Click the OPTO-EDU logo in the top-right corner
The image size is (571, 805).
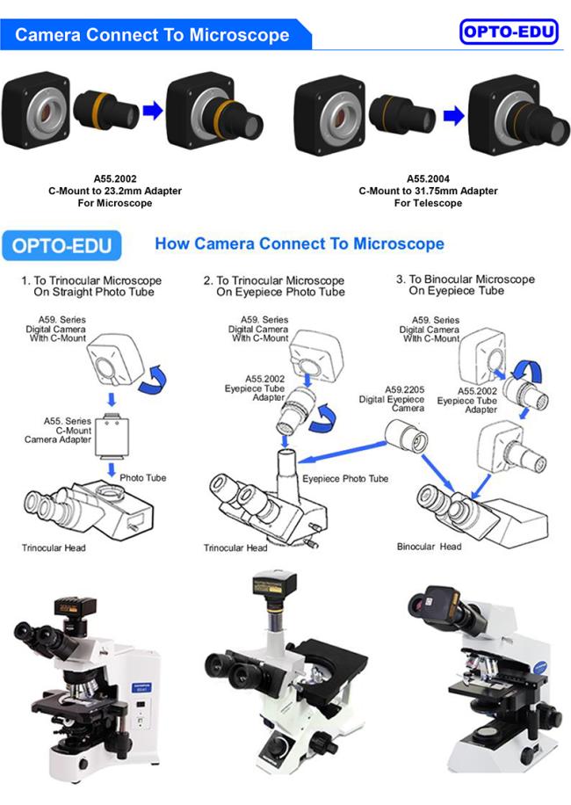(x=509, y=32)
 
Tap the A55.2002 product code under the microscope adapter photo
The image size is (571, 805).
(x=115, y=178)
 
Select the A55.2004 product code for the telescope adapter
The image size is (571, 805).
(x=428, y=178)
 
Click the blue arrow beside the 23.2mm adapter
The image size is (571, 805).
(x=152, y=110)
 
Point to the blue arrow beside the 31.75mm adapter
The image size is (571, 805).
(x=453, y=115)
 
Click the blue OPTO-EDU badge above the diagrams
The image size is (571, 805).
(x=61, y=245)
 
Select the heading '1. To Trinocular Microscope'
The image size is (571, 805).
(x=91, y=280)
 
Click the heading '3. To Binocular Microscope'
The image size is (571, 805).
(x=466, y=279)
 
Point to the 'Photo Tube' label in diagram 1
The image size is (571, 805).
(x=142, y=477)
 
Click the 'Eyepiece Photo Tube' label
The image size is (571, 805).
(x=345, y=478)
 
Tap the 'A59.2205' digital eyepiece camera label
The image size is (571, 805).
(x=405, y=389)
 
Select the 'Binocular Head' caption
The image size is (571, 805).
(x=429, y=547)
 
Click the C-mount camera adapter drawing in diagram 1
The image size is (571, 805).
(x=112, y=435)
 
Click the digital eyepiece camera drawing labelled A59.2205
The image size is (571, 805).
(x=407, y=437)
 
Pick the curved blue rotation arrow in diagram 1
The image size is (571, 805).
(x=154, y=380)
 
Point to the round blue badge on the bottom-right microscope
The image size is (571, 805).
(x=539, y=667)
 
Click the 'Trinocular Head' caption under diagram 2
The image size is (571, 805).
(x=235, y=548)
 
